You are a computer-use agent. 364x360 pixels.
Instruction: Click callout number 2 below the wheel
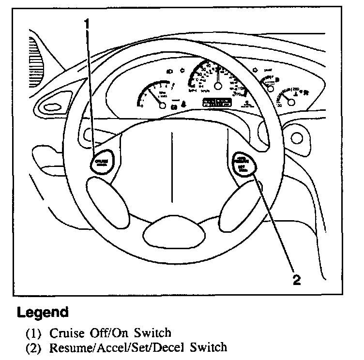click(297, 279)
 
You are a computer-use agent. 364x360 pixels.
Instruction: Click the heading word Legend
click(43, 312)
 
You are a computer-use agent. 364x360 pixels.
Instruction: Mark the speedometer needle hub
click(218, 86)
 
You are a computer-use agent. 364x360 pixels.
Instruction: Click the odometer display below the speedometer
click(217, 102)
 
